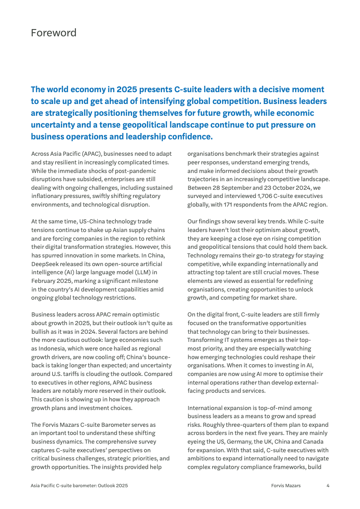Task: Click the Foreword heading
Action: click(54, 33)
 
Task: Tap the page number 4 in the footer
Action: click(328, 485)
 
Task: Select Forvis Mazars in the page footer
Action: click(286, 485)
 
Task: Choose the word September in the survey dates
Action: click(242, 188)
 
